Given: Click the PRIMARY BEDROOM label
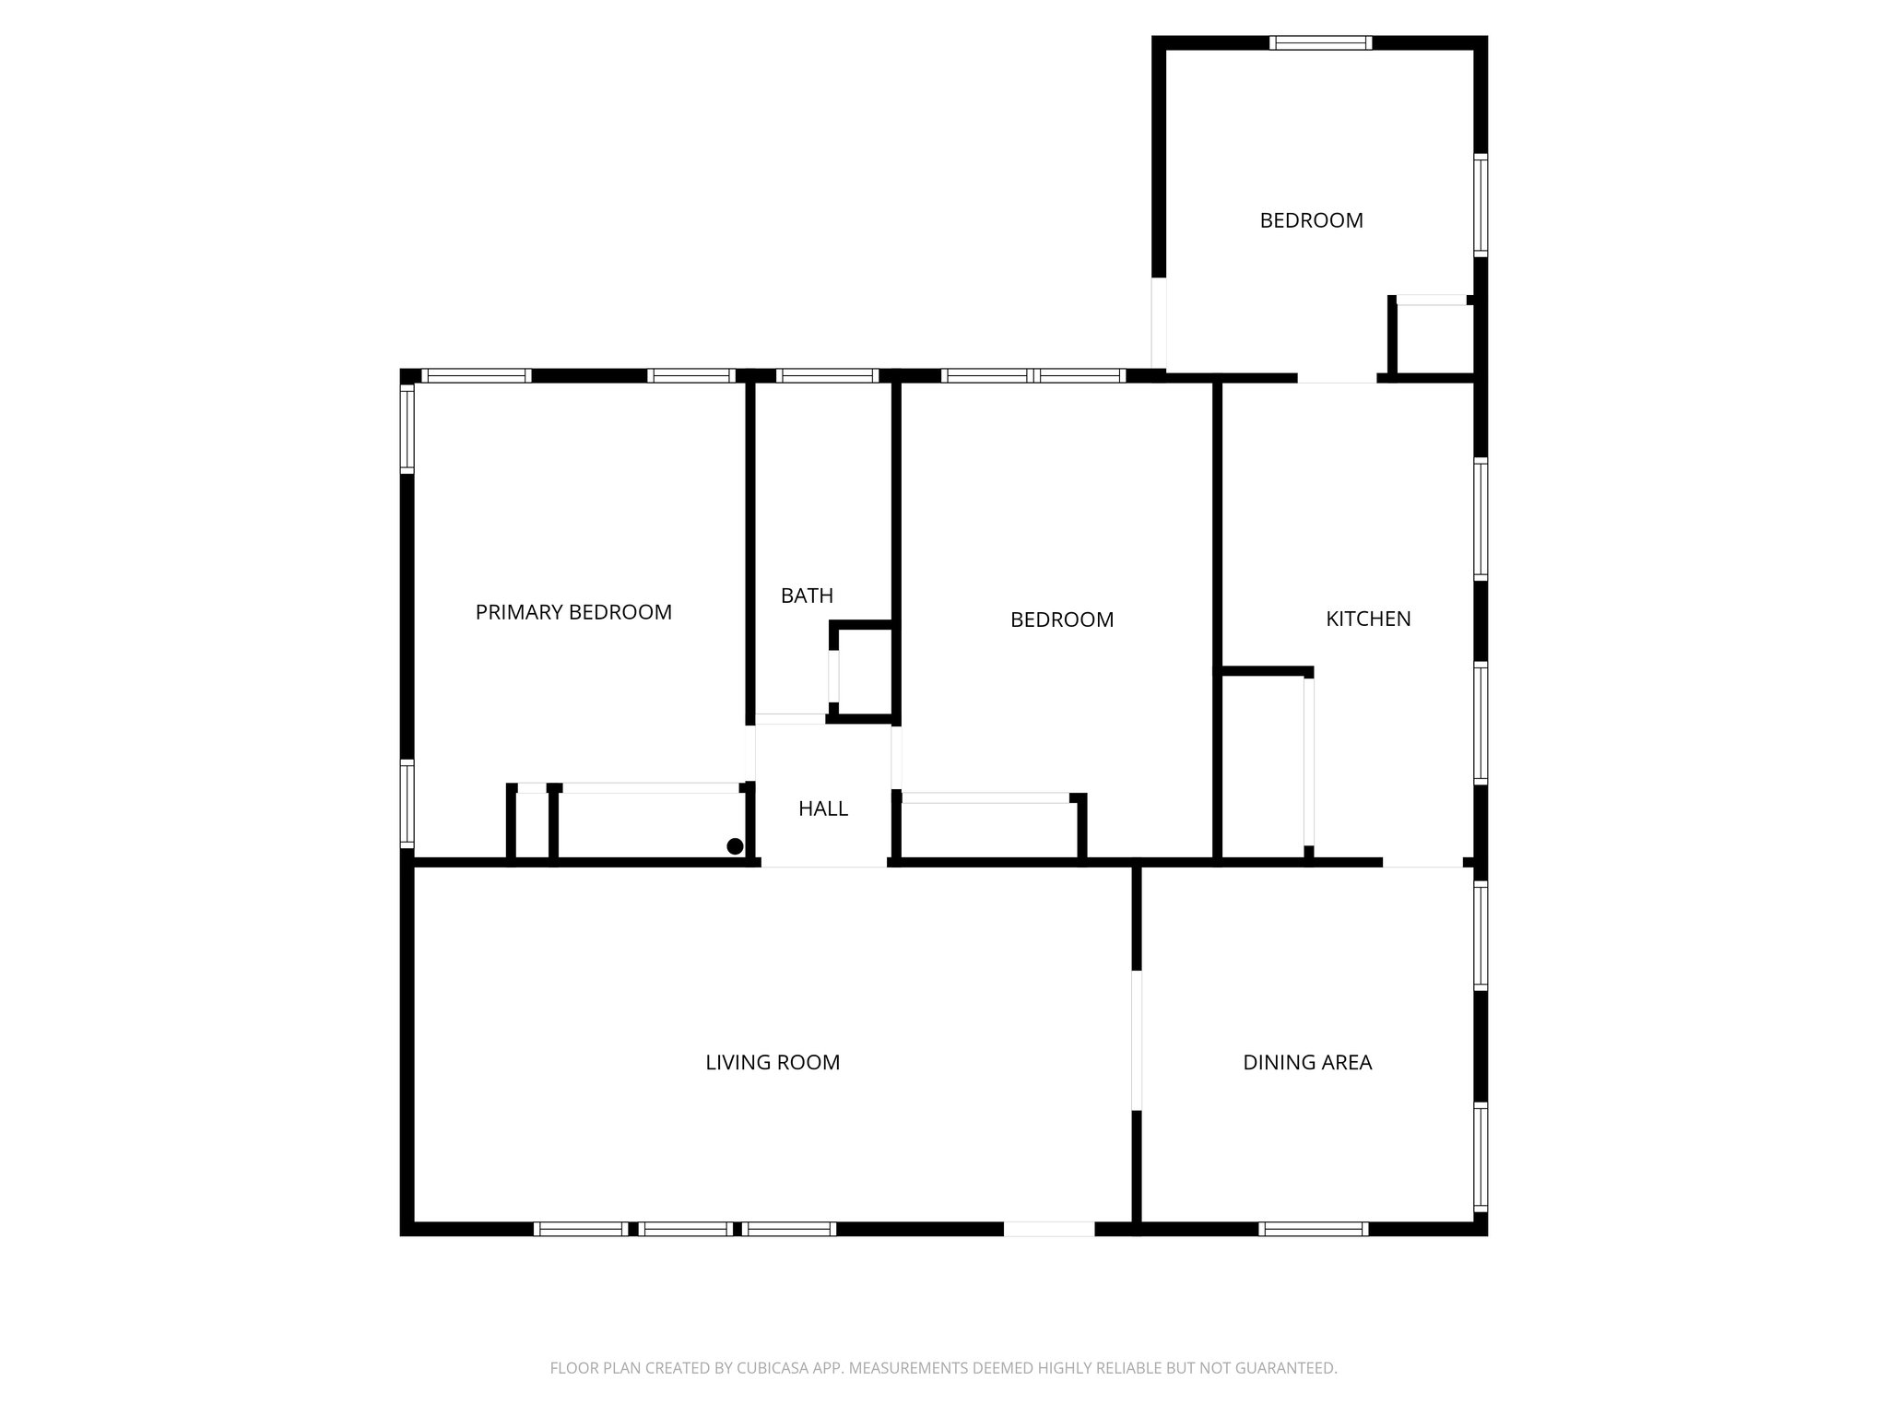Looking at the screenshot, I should pos(573,612).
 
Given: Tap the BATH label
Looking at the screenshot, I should pos(807,596).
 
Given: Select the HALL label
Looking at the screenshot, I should pos(822,808).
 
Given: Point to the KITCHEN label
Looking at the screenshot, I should pos(1368,619).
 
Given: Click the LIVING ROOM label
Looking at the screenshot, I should pos(773,1062).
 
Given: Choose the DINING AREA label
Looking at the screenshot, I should pos(1307,1062).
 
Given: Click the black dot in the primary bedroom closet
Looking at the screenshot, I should pos(735,846).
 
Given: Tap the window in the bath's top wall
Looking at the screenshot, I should pos(827,376).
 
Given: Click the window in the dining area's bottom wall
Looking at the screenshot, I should pos(1313,1228).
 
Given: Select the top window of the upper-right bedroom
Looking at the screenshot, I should pos(1320,42).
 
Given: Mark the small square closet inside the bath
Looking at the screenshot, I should pos(865,671).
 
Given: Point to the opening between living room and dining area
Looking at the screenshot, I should pos(1137,1040).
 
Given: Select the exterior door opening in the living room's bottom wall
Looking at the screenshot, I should pos(1048,1228).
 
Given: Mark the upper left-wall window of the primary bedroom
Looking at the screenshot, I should pos(407,429).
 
